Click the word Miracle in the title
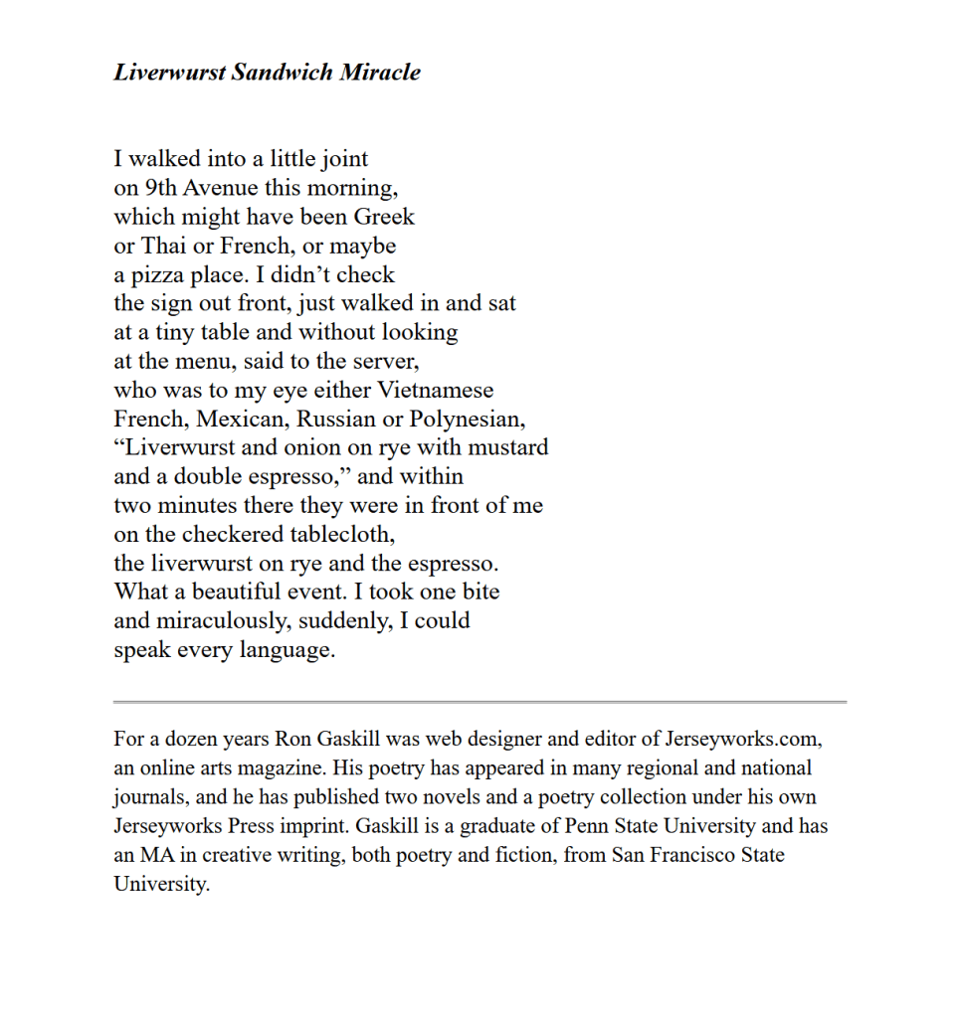pyautogui.click(x=380, y=73)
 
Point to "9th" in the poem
pyautogui.click(x=161, y=188)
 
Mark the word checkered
pyautogui.click(x=209, y=535)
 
